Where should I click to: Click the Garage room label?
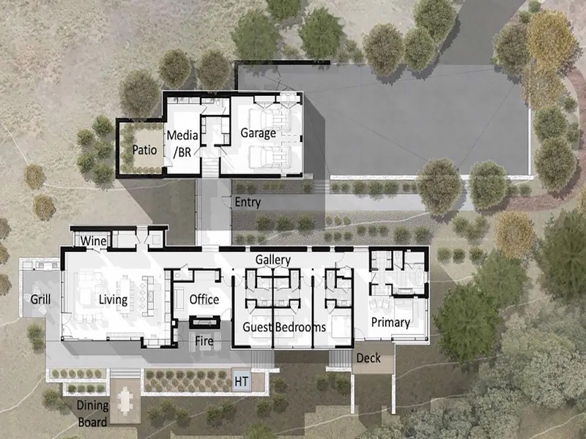pyautogui.click(x=259, y=133)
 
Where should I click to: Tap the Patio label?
pyautogui.click(x=144, y=150)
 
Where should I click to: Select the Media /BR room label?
pyautogui.click(x=182, y=143)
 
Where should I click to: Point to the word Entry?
pyautogui.click(x=248, y=203)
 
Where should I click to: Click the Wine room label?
pyautogui.click(x=94, y=241)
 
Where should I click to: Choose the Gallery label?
pyautogui.click(x=273, y=260)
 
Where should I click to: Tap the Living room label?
pyautogui.click(x=114, y=300)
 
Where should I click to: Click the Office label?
pyautogui.click(x=204, y=299)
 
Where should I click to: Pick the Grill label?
pyautogui.click(x=40, y=299)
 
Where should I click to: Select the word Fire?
pyautogui.click(x=204, y=340)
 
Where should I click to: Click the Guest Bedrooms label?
pyautogui.click(x=284, y=327)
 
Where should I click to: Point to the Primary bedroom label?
pyautogui.click(x=390, y=322)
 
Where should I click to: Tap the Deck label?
pyautogui.click(x=368, y=358)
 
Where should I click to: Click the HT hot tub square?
pyautogui.click(x=242, y=381)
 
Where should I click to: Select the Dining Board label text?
pyautogui.click(x=93, y=413)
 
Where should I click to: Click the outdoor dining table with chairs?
pyautogui.click(x=125, y=399)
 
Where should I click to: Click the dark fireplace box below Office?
pyautogui.click(x=204, y=322)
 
